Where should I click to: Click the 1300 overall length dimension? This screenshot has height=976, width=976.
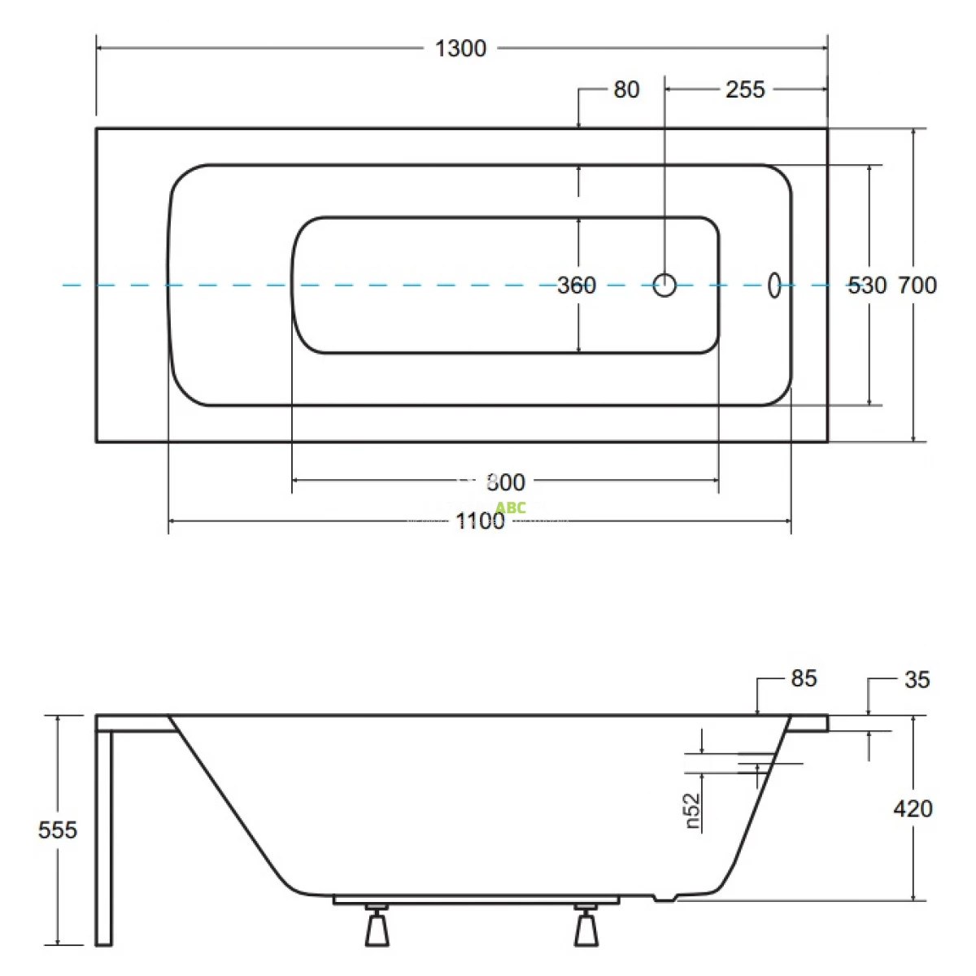click(x=460, y=49)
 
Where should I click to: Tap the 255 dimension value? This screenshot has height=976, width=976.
click(x=745, y=89)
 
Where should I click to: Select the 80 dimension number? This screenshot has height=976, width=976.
click(x=626, y=89)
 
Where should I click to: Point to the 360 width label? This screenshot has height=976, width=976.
click(x=577, y=285)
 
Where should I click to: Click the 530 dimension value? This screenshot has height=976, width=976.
click(x=867, y=285)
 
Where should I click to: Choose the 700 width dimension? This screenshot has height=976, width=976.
click(x=917, y=285)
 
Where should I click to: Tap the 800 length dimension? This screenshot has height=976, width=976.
click(x=505, y=482)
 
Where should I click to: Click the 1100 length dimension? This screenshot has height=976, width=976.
click(x=480, y=521)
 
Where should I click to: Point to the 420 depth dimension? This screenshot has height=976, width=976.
click(x=913, y=808)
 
